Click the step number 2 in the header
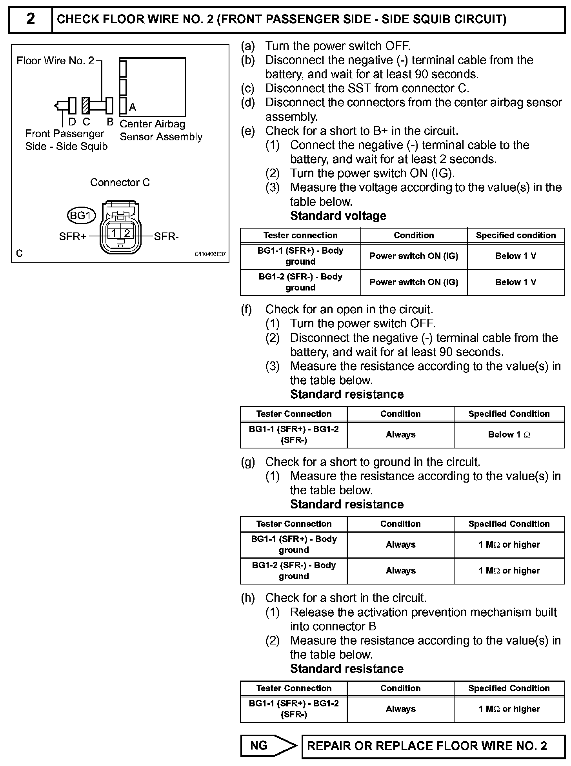click(31, 19)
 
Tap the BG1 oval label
click(81, 215)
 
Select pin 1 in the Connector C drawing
click(114, 234)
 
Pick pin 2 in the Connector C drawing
click(127, 234)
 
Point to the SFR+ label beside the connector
click(73, 236)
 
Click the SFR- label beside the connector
click(166, 236)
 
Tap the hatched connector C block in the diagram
click(85, 105)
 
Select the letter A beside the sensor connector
click(133, 107)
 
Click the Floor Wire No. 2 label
click(55, 60)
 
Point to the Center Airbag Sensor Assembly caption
click(161, 130)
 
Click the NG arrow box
click(269, 745)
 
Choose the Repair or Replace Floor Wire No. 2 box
click(433, 745)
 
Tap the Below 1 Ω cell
click(509, 434)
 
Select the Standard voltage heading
click(338, 216)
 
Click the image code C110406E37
click(210, 254)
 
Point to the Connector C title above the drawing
click(120, 182)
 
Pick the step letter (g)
click(248, 462)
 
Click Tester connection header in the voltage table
click(300, 235)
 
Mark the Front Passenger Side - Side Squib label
click(66, 140)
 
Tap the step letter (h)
click(248, 598)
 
